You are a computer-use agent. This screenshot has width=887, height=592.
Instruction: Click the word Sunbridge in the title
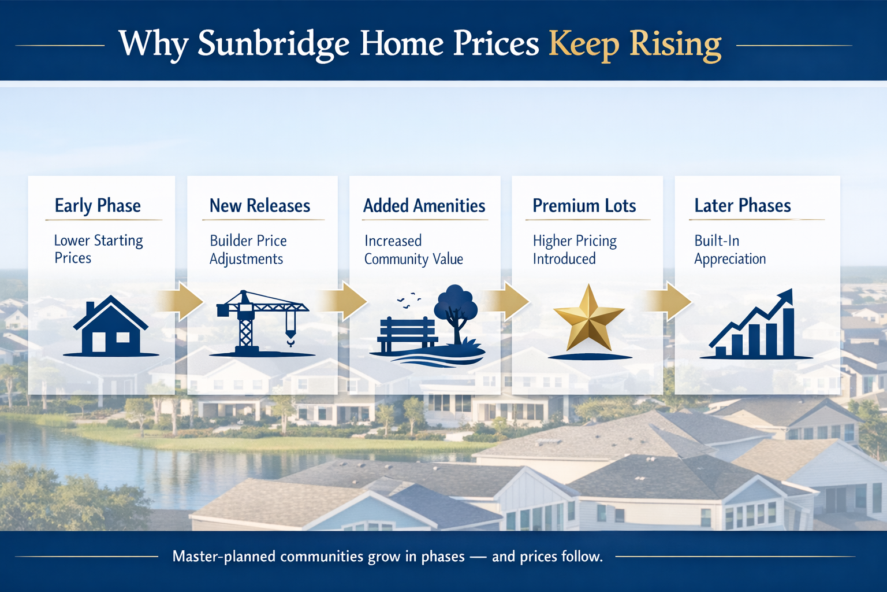tap(273, 44)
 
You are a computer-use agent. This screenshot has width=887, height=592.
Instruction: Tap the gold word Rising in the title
tap(675, 44)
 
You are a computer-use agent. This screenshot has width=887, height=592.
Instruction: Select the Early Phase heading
tap(98, 206)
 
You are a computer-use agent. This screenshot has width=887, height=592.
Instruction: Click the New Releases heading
tap(260, 206)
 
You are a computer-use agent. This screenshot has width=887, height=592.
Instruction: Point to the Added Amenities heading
tap(424, 206)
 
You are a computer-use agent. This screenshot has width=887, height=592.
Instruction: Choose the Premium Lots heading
tap(584, 206)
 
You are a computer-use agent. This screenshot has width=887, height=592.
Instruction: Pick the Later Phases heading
tap(742, 206)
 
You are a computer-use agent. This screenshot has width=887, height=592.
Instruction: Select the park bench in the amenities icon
tap(407, 335)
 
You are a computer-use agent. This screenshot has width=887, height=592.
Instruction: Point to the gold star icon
tap(588, 319)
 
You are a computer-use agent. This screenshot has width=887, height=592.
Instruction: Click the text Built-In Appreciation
tap(729, 250)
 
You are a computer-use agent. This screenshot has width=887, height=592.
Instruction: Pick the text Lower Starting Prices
tap(98, 249)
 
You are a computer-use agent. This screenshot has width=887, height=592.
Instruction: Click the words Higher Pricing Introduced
tap(574, 250)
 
